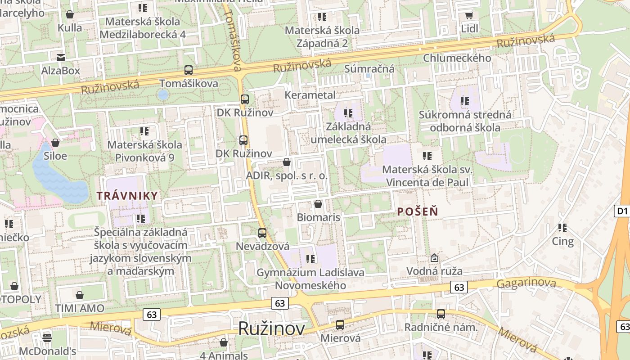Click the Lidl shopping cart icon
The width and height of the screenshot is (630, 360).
(x=469, y=16)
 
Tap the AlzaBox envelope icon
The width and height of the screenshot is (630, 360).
(x=60, y=57)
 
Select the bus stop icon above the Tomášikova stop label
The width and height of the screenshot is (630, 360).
(x=189, y=70)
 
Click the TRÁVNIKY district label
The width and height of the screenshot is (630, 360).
(x=127, y=196)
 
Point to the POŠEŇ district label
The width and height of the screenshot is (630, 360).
(x=418, y=211)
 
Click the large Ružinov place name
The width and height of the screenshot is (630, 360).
(x=271, y=328)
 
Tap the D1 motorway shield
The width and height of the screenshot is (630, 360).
(x=622, y=211)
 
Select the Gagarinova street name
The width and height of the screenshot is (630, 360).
(x=526, y=283)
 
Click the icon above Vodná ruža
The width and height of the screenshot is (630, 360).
(x=434, y=258)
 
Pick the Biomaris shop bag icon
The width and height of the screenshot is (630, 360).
(x=318, y=204)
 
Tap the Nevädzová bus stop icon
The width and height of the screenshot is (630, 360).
(x=262, y=233)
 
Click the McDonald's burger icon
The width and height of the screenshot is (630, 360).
(x=47, y=337)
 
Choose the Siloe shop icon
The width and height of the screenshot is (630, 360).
(x=55, y=143)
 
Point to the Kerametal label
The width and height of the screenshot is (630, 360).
(x=310, y=95)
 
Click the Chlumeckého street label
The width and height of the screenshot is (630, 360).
(x=457, y=58)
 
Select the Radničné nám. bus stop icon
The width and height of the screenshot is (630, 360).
(x=441, y=314)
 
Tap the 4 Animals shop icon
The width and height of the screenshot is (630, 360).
(x=224, y=343)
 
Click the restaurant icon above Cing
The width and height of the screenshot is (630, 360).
(x=562, y=228)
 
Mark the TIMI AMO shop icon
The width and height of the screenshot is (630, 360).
(x=80, y=295)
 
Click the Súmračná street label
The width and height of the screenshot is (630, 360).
(x=369, y=69)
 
